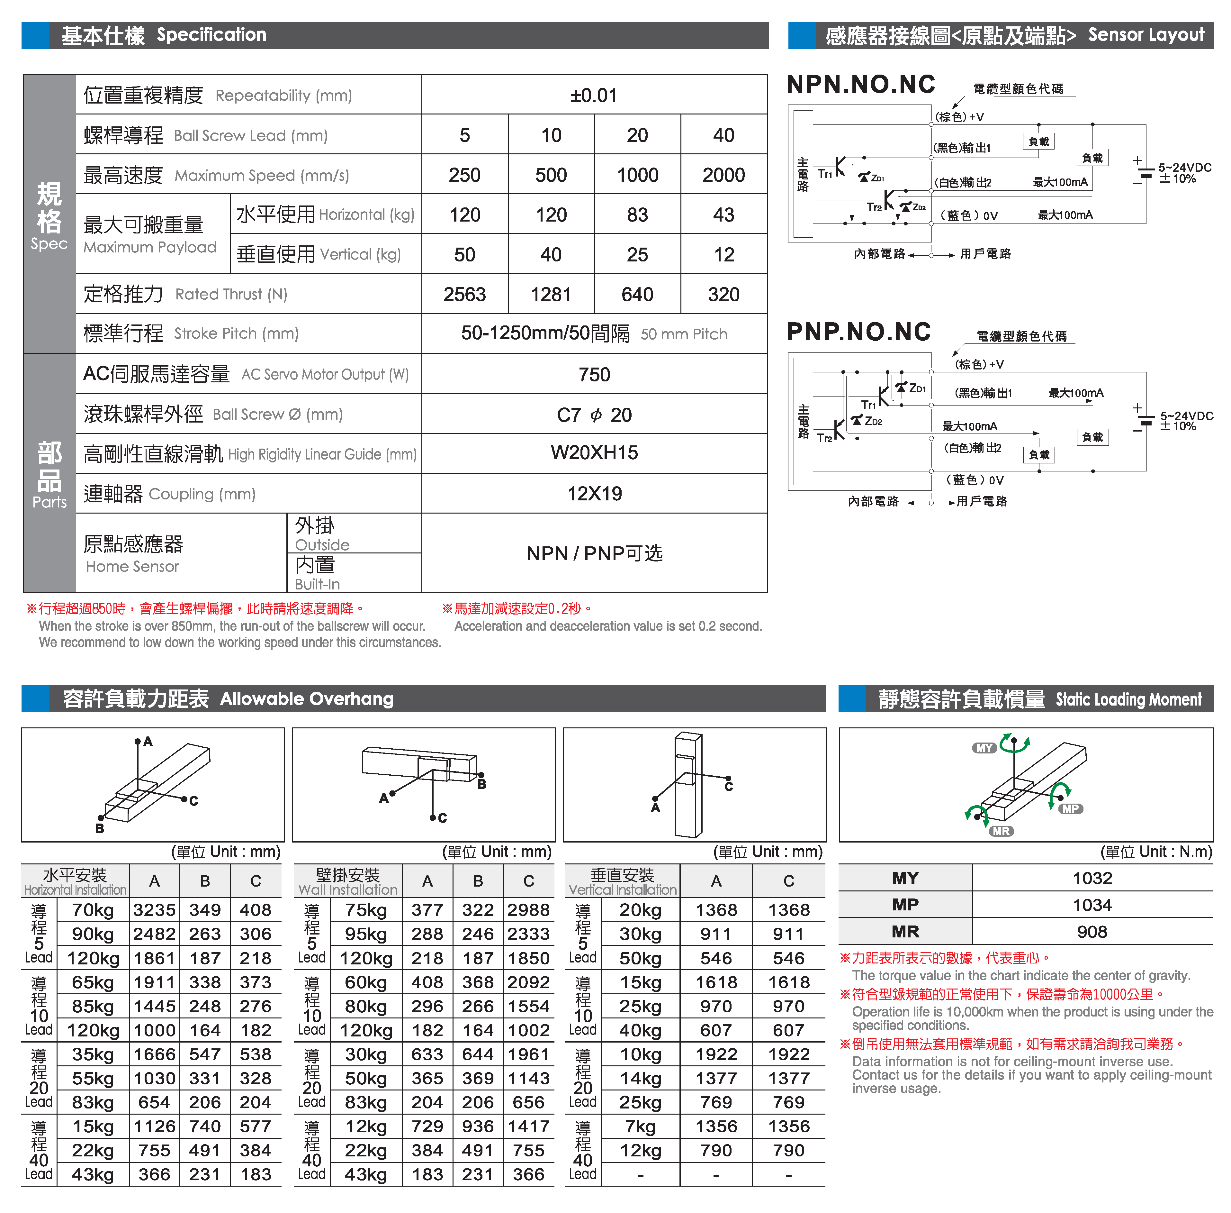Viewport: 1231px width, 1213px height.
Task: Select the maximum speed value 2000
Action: click(723, 175)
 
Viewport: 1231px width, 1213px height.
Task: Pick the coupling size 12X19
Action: click(594, 494)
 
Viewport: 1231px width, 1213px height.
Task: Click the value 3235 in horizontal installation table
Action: click(154, 910)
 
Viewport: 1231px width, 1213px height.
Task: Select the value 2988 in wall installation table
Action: click(529, 910)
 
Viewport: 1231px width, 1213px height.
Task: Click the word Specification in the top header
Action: click(211, 35)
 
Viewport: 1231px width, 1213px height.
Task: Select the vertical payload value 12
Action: click(723, 255)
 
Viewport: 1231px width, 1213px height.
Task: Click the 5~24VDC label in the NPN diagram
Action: click(1184, 168)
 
